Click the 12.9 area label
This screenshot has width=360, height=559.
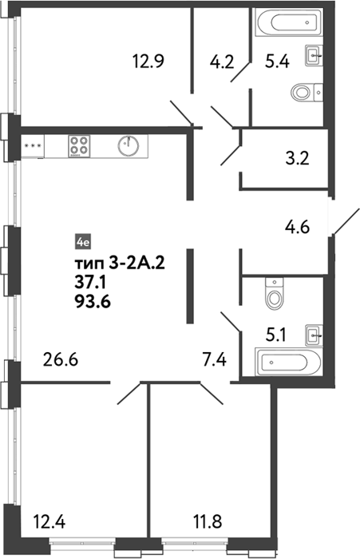point(148,61)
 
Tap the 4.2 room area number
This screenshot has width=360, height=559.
point(222,62)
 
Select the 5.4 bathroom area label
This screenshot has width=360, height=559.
point(277,62)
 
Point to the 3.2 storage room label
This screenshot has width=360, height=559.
point(297,158)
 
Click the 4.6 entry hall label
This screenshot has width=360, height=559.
point(297,227)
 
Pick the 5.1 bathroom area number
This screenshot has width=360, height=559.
point(275,335)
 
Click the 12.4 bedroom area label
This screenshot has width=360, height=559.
point(49,522)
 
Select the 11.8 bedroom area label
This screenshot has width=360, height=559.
point(207,522)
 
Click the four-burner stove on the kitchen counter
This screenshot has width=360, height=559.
point(79,146)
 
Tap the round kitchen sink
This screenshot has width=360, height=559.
point(129,146)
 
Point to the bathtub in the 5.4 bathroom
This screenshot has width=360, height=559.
point(289,22)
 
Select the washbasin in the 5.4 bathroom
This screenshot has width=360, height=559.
point(314,55)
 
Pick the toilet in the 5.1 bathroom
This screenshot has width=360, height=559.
point(274,294)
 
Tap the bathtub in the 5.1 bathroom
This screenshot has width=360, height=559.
point(288,363)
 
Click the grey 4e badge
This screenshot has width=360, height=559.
point(83,243)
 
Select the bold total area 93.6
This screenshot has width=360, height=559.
point(93,302)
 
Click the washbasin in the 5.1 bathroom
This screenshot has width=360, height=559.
point(314,335)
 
